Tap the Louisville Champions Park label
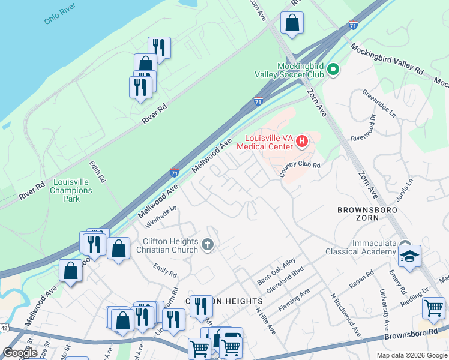[71, 190]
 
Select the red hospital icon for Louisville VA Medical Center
[302, 142]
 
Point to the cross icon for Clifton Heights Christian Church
[208, 245]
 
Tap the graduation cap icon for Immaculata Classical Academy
[409, 256]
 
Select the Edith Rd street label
[97, 171]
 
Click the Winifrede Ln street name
[161, 217]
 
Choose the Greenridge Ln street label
[379, 103]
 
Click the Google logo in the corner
[20, 353]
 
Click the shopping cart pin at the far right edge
[433, 308]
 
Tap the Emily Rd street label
[165, 271]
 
